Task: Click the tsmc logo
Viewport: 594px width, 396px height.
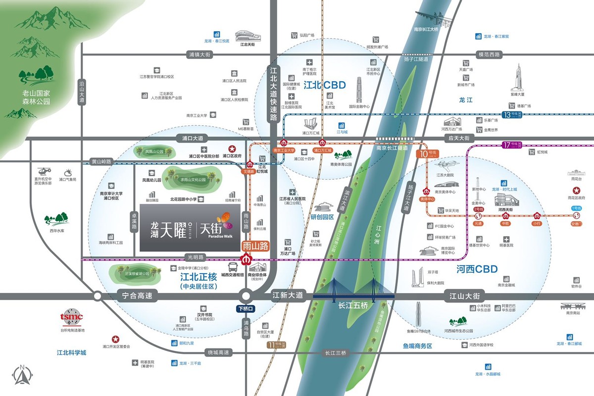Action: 72,317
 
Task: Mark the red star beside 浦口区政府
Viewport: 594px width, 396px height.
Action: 231,148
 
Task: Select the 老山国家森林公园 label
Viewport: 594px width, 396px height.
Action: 37,97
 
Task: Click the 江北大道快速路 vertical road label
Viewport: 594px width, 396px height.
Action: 273,94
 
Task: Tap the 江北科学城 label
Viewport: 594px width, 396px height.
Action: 72,352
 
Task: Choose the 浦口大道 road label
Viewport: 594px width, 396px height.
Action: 193,139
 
